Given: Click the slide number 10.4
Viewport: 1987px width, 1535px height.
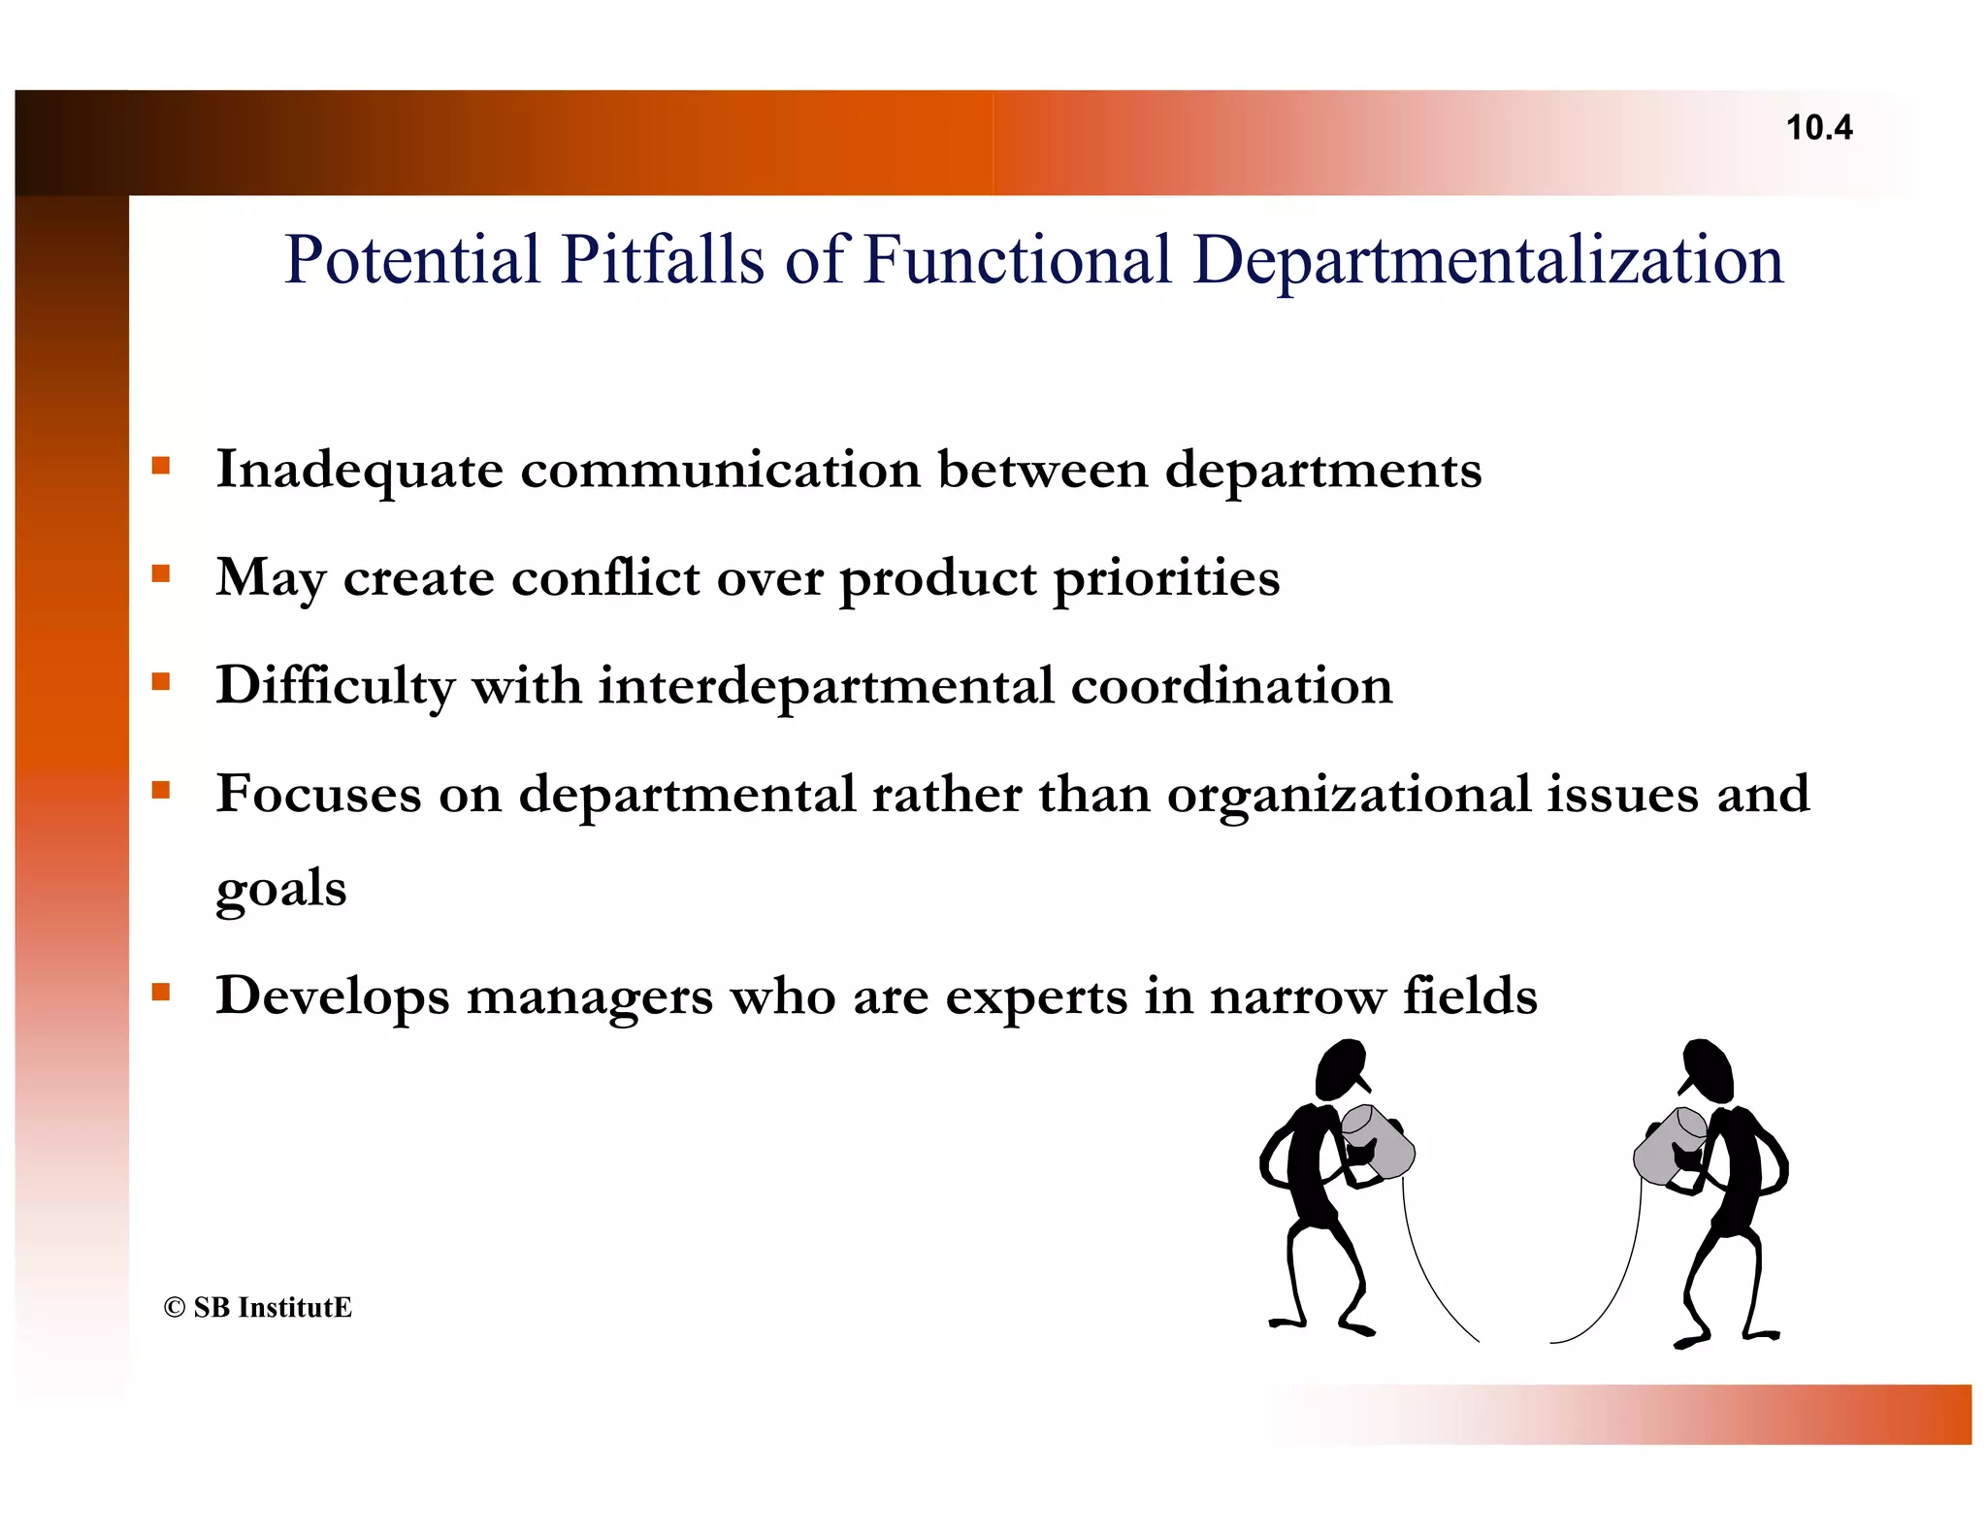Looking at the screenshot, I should pos(1818,128).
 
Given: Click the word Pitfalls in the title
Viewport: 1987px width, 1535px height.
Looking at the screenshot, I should pos(663,260).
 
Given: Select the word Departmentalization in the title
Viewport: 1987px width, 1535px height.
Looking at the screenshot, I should pos(1488,260).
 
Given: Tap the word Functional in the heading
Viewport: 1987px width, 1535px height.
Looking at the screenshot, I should pos(1017,260).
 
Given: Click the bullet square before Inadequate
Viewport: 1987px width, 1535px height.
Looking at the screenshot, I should pos(161,466).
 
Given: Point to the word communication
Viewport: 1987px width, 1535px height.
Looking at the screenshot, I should pos(720,470).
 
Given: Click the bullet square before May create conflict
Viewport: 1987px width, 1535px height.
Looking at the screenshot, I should pos(161,573).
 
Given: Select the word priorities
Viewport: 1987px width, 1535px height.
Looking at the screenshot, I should pos(1166,578).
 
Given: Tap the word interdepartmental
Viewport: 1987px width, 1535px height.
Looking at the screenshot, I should pos(826,686).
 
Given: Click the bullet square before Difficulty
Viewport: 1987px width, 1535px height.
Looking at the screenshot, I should pos(161,681).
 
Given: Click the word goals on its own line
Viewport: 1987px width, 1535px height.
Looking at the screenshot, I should pos(280,889).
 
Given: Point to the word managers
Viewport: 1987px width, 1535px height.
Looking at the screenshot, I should pos(589,996).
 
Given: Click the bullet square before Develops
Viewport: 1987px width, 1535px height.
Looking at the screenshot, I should pos(161,992).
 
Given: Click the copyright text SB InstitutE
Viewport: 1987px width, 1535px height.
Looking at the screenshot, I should pos(258,1307).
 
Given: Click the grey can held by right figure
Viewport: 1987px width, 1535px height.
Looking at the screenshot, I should pos(1669,1145).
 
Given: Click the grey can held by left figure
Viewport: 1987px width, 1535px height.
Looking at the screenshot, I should pos(1379,1142).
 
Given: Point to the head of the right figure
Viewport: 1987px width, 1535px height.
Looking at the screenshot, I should pos(1709,1068).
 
